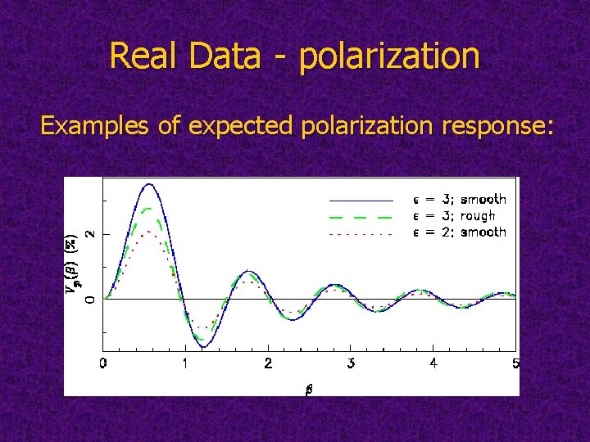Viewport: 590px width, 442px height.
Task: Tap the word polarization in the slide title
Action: [x=390, y=56]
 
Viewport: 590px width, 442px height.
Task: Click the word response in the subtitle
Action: [x=490, y=125]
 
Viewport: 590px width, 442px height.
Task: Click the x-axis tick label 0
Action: [x=103, y=363]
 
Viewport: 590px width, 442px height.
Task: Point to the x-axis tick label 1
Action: [x=185, y=363]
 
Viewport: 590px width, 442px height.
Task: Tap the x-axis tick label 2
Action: [x=268, y=363]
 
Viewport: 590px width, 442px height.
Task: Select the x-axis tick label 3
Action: [x=351, y=363]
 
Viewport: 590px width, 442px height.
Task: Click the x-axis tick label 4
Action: [x=433, y=363]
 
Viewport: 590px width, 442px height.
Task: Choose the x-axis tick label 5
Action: [x=515, y=363]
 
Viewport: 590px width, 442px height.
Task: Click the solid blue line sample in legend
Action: [x=361, y=200]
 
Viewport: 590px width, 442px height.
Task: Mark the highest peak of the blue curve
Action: [x=148, y=184]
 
